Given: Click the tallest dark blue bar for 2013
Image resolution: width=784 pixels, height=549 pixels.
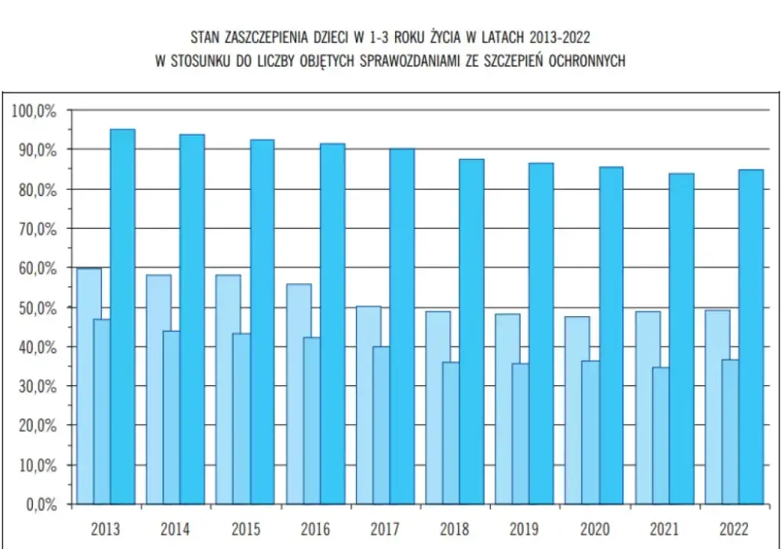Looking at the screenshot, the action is (122, 317).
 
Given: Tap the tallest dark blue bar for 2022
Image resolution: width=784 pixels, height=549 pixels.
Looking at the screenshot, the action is (751, 336).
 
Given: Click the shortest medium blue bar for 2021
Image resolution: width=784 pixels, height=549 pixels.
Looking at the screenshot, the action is (660, 435).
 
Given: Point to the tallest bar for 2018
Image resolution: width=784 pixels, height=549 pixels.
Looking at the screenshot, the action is (471, 332).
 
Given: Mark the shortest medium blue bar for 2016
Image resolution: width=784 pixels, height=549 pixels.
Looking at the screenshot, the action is (311, 420).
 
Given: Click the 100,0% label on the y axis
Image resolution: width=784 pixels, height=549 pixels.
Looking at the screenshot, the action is (34, 111).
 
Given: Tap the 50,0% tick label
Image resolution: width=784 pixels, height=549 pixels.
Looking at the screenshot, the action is (38, 308).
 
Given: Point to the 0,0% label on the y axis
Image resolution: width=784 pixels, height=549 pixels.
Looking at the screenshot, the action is (42, 504).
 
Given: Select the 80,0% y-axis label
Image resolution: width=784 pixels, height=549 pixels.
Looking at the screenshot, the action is (38, 190).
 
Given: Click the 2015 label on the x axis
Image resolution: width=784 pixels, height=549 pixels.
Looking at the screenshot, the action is (245, 529).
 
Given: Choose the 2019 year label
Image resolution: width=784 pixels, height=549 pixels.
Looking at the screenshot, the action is (524, 529).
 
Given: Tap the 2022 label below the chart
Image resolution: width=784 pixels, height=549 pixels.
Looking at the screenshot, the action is (734, 529).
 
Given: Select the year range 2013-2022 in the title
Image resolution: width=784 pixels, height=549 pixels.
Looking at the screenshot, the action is (560, 38).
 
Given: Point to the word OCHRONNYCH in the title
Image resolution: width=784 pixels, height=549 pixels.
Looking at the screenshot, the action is (587, 61).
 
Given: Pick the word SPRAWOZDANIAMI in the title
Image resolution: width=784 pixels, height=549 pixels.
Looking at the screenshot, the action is (409, 61).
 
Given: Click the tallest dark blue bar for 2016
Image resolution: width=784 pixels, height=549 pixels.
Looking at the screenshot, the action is (332, 323).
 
